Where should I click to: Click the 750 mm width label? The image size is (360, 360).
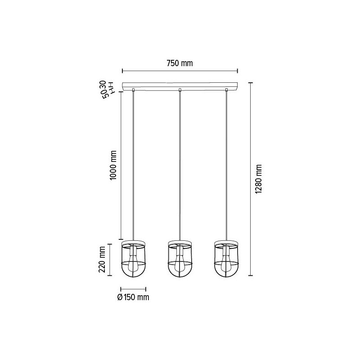pos(180,63)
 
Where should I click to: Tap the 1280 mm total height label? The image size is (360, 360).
pos(258,179)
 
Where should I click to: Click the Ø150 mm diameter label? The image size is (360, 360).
pos(133,297)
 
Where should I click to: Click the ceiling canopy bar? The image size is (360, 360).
pos(180,85)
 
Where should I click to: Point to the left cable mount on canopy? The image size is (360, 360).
pos(133,90)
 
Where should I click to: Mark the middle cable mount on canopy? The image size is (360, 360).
pos(180,90)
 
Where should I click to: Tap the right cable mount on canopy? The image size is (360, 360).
pos(226,90)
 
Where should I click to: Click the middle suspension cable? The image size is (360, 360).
pos(180,166)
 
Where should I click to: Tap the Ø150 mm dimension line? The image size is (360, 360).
pos(133,289)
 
